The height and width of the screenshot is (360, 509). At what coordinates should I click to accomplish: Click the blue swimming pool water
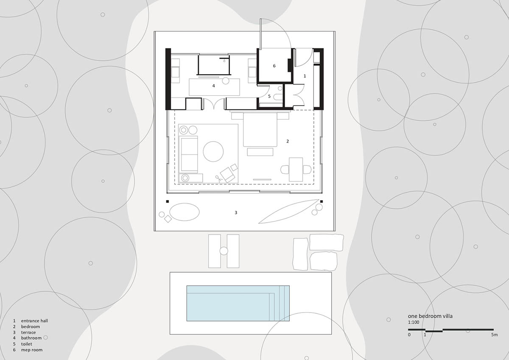(x=238, y=303)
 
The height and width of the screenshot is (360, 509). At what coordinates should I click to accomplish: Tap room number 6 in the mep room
(x=274, y=66)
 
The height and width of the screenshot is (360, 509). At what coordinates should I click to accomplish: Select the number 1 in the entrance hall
(x=305, y=76)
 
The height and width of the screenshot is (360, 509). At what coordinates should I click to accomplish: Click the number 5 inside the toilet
(x=269, y=96)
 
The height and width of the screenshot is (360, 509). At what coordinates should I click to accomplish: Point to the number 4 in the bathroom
(x=213, y=86)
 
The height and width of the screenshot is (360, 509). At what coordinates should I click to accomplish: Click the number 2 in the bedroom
(x=288, y=141)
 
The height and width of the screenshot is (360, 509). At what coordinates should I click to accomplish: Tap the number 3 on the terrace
(x=236, y=212)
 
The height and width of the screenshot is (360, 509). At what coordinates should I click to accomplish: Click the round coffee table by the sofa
(x=213, y=151)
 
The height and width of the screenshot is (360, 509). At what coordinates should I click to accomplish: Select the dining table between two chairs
(x=296, y=170)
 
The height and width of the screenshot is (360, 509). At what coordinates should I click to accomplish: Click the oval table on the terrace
(x=185, y=212)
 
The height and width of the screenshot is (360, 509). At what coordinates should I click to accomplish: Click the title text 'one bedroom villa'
(x=430, y=316)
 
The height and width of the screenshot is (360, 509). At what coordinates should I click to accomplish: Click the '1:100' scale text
(x=414, y=322)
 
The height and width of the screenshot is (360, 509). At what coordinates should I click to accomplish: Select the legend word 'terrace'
(x=28, y=332)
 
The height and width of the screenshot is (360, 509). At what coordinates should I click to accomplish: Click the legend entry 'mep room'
(x=32, y=350)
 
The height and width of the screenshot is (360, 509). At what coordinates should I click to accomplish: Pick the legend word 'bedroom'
(x=31, y=327)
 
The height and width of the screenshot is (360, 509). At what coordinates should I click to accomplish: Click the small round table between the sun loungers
(x=224, y=251)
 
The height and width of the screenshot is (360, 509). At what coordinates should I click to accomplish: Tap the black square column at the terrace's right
(x=322, y=201)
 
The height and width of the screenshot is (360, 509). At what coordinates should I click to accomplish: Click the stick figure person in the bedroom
(x=218, y=179)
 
